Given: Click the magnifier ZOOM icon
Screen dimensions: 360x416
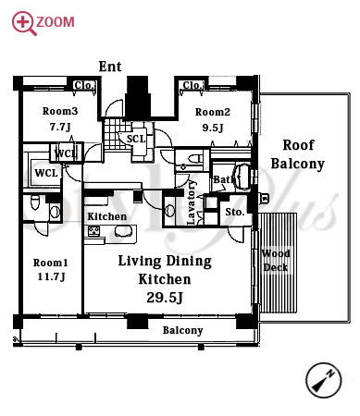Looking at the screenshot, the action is (x=24, y=23).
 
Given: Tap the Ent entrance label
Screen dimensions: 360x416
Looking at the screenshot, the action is (x=110, y=67).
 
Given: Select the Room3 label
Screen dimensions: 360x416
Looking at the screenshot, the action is (x=60, y=111).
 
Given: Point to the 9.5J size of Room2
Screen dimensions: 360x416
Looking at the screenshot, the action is (x=213, y=128).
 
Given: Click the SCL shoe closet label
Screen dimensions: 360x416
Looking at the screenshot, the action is (x=136, y=139).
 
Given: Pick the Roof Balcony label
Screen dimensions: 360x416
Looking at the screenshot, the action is (x=298, y=154).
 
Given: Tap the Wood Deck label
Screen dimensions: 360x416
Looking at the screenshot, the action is (x=276, y=261).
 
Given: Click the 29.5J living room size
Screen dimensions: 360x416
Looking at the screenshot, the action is (x=165, y=298).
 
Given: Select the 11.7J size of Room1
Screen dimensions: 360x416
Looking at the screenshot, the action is (x=51, y=276).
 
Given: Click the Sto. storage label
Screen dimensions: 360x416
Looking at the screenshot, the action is (x=235, y=212).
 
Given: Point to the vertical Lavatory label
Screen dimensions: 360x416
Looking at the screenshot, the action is (x=192, y=202).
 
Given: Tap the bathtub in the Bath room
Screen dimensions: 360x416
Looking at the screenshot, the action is (x=242, y=177).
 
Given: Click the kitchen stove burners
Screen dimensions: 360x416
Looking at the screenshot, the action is (x=94, y=230).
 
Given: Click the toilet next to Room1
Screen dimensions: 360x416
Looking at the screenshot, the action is (x=35, y=202).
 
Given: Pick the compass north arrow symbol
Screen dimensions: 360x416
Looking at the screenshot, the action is (x=324, y=380).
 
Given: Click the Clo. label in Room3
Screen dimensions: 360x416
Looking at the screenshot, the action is (x=83, y=85).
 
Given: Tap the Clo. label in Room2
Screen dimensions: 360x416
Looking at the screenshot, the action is (x=192, y=85).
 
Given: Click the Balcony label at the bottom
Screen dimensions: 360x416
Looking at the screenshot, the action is (x=183, y=330).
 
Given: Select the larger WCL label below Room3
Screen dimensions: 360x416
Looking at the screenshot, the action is (x=46, y=173).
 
